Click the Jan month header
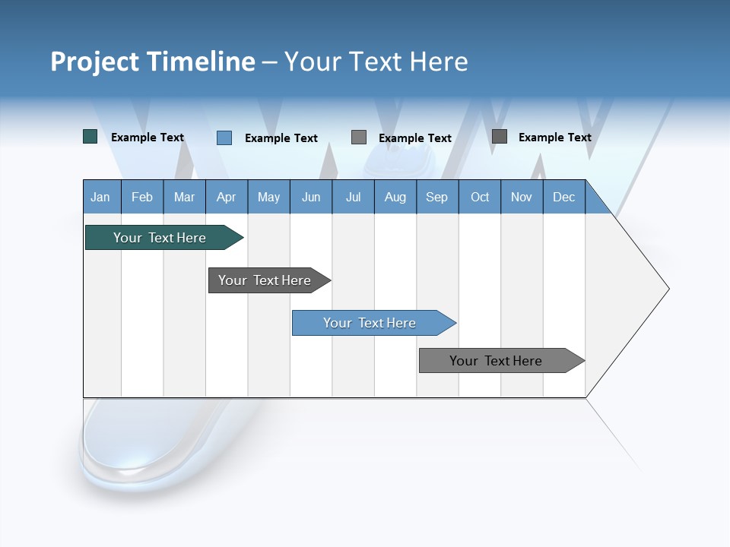click(101, 197)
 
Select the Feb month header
click(142, 197)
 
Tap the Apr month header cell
click(227, 197)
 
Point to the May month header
click(268, 197)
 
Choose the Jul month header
click(353, 197)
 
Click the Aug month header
click(395, 197)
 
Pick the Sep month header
click(437, 197)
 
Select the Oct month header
click(480, 197)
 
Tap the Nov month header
click(522, 197)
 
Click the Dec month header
click(564, 197)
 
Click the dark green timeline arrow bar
click(160, 238)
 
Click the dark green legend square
click(90, 137)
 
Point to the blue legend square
click(224, 138)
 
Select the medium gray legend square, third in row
click(359, 137)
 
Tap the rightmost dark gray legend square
click(500, 136)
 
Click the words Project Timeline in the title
click(153, 62)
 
